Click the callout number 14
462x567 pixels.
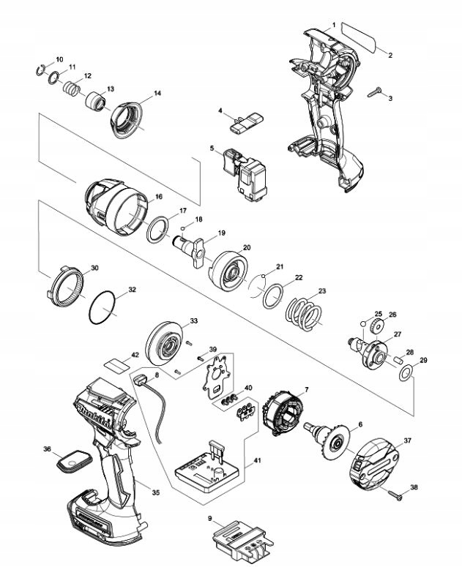point(157,94)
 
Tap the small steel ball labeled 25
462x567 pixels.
point(364,323)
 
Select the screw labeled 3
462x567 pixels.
point(375,92)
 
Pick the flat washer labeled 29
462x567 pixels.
point(406,373)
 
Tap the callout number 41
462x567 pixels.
point(257,460)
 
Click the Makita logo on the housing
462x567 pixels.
point(96,417)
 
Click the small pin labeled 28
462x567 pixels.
point(398,361)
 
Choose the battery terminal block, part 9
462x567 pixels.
point(242,542)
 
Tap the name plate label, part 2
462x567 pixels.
point(359,37)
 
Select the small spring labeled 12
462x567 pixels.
point(72,89)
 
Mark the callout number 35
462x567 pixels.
point(155,492)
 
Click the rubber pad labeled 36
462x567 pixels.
point(75,462)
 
